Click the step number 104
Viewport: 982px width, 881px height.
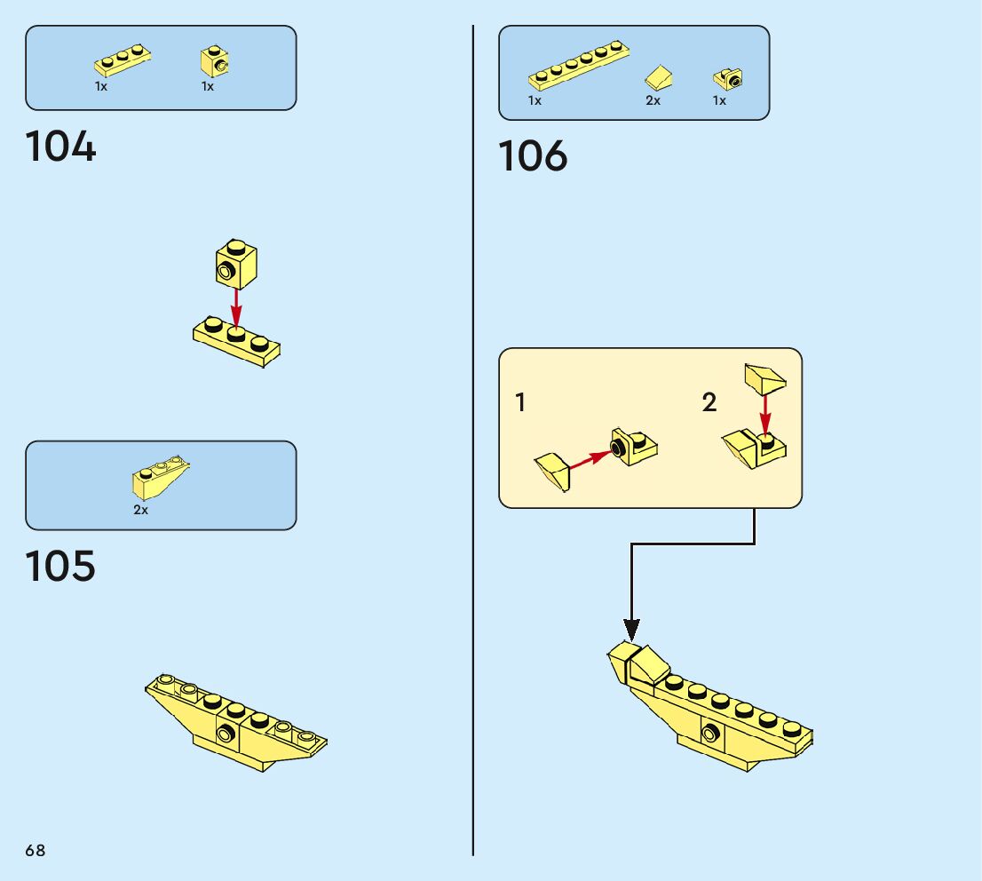[60, 147]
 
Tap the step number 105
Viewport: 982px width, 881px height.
[60, 567]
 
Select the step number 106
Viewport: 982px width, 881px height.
[533, 156]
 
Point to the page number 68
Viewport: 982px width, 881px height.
[36, 851]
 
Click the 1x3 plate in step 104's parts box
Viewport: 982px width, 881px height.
[122, 61]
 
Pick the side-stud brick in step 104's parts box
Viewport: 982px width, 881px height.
[215, 61]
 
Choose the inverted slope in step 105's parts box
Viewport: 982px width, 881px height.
[161, 477]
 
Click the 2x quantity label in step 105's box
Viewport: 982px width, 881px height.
[141, 511]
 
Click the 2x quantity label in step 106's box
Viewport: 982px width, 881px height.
[653, 101]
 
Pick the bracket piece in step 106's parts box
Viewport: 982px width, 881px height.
[728, 80]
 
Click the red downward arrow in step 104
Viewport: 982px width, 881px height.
[236, 306]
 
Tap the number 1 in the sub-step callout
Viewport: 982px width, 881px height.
[520, 403]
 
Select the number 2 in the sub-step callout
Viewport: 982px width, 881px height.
[709, 403]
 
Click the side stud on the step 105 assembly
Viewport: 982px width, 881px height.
[226, 734]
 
